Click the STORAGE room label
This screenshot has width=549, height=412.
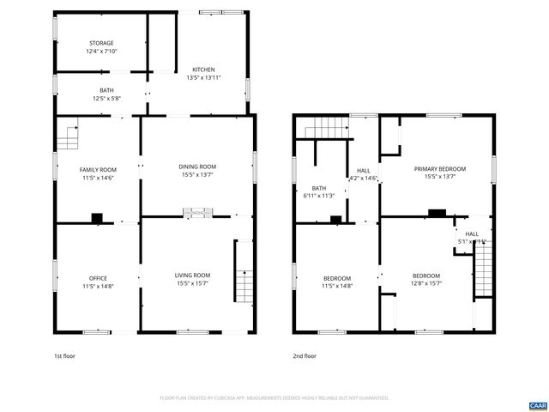[100, 43]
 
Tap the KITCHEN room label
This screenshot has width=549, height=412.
[203, 70]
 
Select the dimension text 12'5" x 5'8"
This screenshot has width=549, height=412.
[106, 98]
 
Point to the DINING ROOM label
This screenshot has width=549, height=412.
[196, 167]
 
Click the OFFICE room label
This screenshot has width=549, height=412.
[99, 277]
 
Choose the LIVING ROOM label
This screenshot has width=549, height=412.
[193, 275]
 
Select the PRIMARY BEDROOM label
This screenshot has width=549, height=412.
[439, 169]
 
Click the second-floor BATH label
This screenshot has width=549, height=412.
[318, 188]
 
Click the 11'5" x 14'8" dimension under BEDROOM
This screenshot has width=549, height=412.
[337, 286]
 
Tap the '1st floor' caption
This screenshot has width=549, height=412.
[64, 355]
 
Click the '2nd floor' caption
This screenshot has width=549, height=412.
[304, 355]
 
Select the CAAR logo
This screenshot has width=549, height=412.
[537, 404]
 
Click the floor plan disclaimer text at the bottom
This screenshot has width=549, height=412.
[274, 398]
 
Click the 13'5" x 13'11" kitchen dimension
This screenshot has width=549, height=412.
[203, 78]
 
